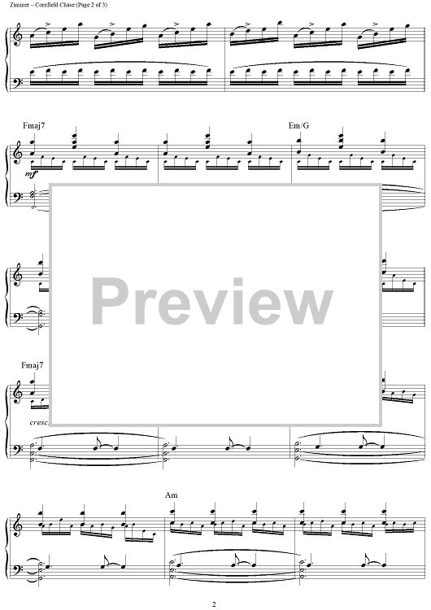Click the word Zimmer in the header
point(17,5)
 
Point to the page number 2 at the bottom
point(214,604)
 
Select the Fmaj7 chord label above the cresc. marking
point(33,365)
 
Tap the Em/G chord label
point(298,125)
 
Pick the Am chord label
point(171,495)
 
